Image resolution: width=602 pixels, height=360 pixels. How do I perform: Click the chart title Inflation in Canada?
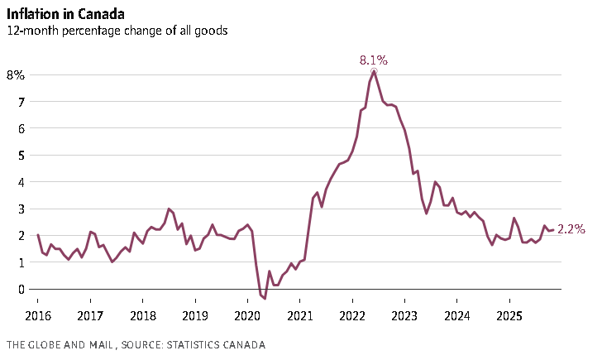[x=66, y=14]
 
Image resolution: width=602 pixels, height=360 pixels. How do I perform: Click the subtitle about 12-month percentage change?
[x=117, y=31]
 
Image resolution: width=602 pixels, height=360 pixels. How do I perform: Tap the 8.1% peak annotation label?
[x=373, y=60]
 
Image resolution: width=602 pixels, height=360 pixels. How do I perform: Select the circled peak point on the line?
[x=374, y=71]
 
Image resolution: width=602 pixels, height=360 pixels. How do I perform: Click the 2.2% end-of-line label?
[x=571, y=229]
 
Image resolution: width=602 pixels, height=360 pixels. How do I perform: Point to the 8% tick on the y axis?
[x=17, y=74]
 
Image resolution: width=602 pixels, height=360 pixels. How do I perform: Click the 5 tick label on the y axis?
[x=21, y=155]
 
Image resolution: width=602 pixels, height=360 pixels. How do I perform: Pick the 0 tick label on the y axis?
[x=21, y=289]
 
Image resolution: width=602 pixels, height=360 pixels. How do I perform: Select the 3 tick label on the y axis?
[x=21, y=209]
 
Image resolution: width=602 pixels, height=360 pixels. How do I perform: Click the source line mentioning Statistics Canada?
[x=136, y=343]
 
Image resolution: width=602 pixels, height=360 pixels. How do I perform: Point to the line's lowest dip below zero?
[x=265, y=298]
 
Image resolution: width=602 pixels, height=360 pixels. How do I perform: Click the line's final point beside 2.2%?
[x=552, y=229]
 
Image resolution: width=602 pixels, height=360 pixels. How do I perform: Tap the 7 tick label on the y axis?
[x=21, y=101]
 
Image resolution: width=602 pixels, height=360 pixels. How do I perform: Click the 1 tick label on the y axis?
[x=21, y=262]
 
